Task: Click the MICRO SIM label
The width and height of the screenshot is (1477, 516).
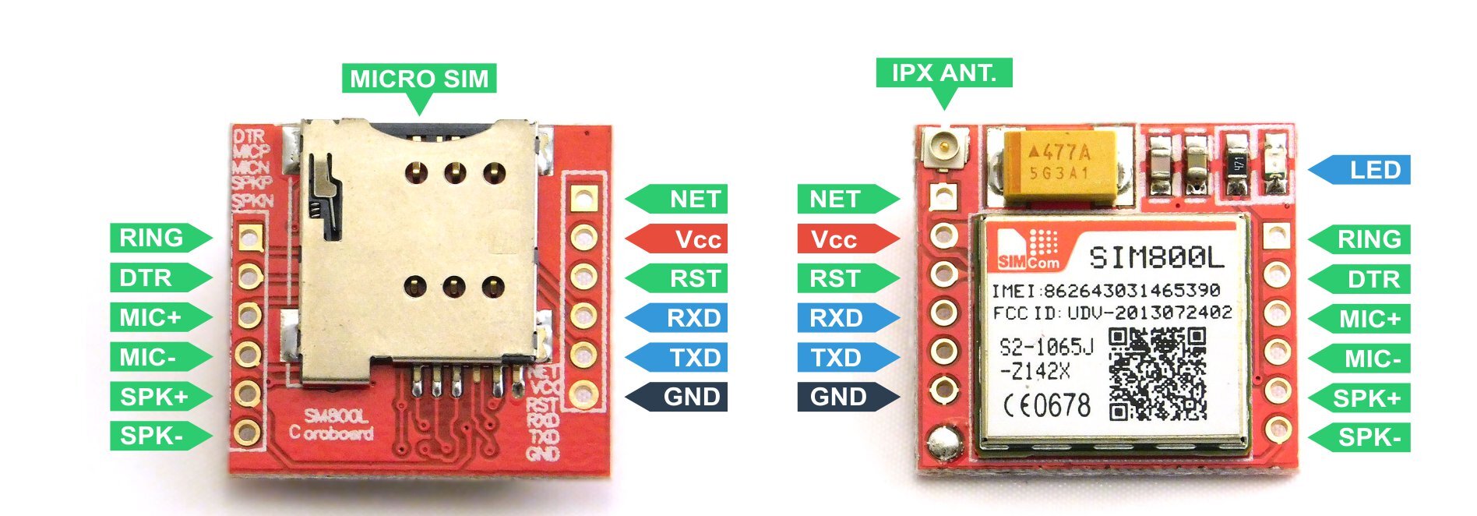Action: tap(419, 79)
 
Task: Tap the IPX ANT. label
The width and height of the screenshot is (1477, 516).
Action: tap(943, 73)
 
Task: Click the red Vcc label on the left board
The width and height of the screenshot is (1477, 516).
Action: tap(686, 239)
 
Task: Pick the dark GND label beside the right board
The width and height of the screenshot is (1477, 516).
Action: tap(840, 397)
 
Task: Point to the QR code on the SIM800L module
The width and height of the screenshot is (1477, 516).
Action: tap(1158, 374)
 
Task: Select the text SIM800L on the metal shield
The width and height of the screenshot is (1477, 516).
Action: tap(1156, 257)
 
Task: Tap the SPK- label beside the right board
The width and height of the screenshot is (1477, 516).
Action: tap(1367, 437)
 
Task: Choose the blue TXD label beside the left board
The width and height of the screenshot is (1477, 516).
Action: tap(686, 358)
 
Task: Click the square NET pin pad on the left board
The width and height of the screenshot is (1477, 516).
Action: tap(583, 198)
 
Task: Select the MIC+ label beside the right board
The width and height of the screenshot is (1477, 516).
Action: tap(1367, 319)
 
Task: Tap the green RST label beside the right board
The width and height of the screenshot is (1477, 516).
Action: tap(840, 278)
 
